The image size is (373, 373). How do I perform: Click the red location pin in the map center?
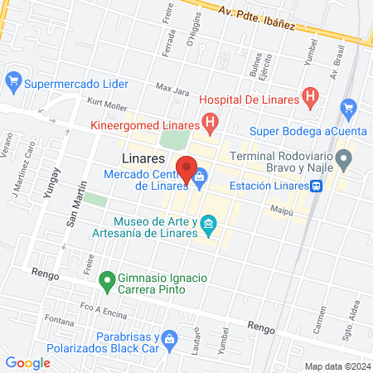(x=186, y=168)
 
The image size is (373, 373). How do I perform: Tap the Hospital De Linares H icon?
(x=310, y=98)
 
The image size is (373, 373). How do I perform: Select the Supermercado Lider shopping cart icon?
(x=12, y=82)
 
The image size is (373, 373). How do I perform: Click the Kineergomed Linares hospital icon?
(x=211, y=125)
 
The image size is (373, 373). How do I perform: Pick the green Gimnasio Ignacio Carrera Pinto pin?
(x=106, y=281)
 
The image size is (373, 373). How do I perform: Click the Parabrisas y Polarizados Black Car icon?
(x=170, y=339)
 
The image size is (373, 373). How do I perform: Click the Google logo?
(x=27, y=362)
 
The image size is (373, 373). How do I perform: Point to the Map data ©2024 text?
(x=337, y=366)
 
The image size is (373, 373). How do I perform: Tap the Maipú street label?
(x=283, y=210)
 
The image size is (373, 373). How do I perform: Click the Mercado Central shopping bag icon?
(x=201, y=175)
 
